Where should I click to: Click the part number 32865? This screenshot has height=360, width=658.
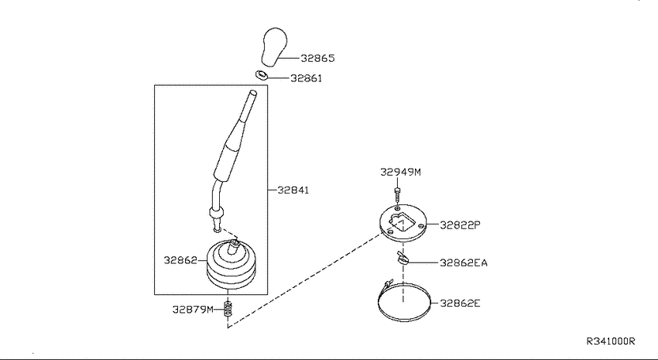[317, 58]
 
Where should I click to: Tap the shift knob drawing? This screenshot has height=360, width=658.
[274, 46]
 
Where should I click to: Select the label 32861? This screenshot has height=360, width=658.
[307, 78]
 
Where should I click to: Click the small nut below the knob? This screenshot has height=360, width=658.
[261, 75]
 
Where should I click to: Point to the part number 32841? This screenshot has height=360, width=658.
[293, 190]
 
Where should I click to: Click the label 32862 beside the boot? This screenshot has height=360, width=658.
[180, 260]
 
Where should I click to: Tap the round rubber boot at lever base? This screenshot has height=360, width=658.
[231, 264]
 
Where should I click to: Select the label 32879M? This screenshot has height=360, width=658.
[193, 310]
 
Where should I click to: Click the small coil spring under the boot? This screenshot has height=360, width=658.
[228, 309]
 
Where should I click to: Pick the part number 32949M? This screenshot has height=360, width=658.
[400, 172]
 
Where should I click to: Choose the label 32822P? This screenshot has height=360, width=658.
[460, 225]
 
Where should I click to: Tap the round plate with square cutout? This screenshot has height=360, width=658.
[403, 223]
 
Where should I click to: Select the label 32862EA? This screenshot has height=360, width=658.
[464, 263]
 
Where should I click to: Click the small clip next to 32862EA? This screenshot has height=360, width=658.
[402, 258]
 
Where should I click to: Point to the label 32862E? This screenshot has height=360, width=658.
[460, 303]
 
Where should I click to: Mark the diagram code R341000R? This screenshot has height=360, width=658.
[611, 341]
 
